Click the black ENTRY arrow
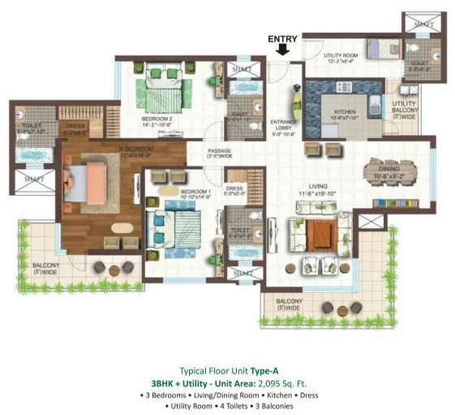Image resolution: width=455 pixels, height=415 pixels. (282, 50)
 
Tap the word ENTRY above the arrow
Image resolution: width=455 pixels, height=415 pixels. (282, 37)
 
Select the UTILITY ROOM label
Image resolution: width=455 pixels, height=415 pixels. (324, 55)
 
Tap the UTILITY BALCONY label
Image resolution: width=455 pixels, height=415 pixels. (404, 108)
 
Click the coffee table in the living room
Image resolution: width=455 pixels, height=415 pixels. (323, 236)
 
